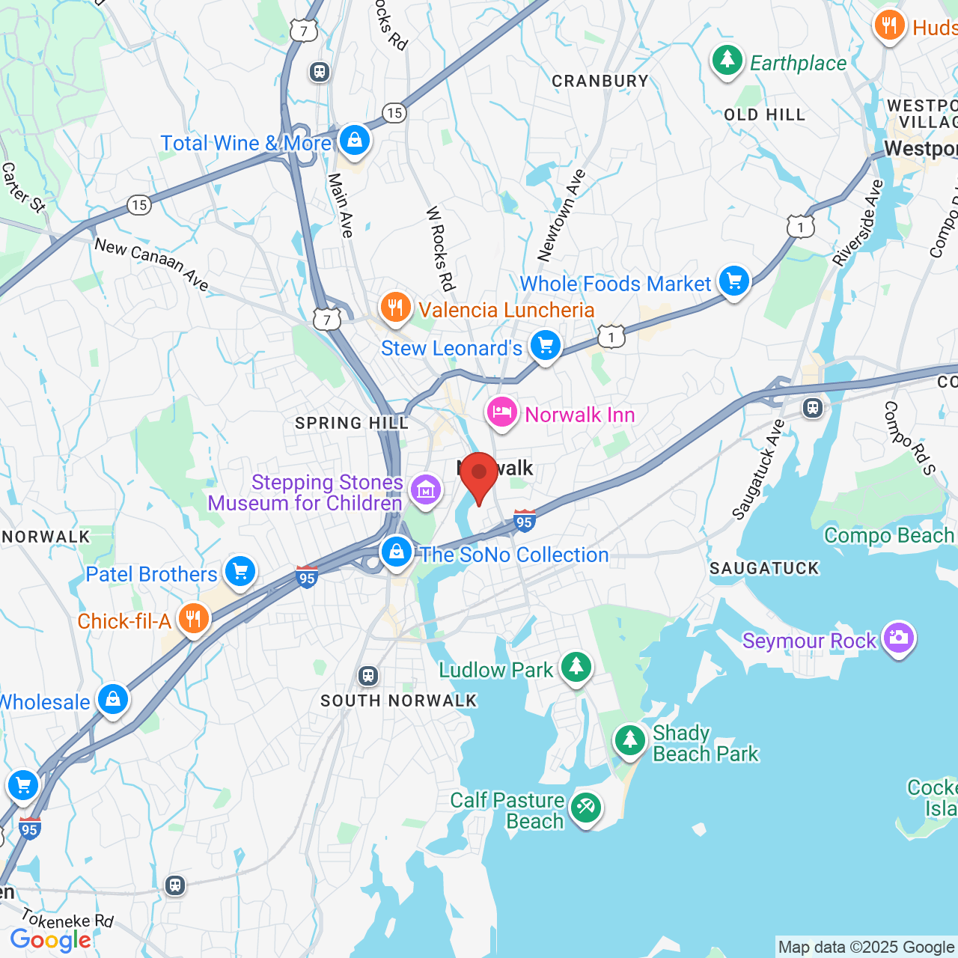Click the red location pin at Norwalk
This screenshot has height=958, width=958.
coord(479,474)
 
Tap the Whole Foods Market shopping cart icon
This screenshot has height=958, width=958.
coord(734,281)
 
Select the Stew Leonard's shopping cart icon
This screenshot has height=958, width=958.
coord(546,346)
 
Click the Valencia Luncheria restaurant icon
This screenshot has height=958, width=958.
coord(394,308)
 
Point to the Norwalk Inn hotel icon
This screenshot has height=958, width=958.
coord(502,412)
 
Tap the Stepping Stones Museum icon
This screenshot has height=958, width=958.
coord(426,491)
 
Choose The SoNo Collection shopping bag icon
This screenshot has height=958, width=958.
coord(397,552)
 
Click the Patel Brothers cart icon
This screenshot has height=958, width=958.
coord(240,573)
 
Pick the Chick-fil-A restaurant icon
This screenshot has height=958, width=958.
coord(194,619)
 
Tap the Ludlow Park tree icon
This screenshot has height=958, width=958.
coord(576,667)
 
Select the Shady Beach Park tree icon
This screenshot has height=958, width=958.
coord(630,741)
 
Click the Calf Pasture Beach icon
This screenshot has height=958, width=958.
coord(585,808)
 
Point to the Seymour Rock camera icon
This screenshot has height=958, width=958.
coord(898,638)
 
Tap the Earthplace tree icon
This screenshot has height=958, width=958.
coord(727,61)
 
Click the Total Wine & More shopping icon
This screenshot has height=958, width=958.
coord(355,140)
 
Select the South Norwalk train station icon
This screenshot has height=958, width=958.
coord(367,676)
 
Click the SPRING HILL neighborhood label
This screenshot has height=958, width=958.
coord(352,424)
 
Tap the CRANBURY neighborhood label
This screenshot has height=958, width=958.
coord(600,81)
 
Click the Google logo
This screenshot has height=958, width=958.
coord(51,940)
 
